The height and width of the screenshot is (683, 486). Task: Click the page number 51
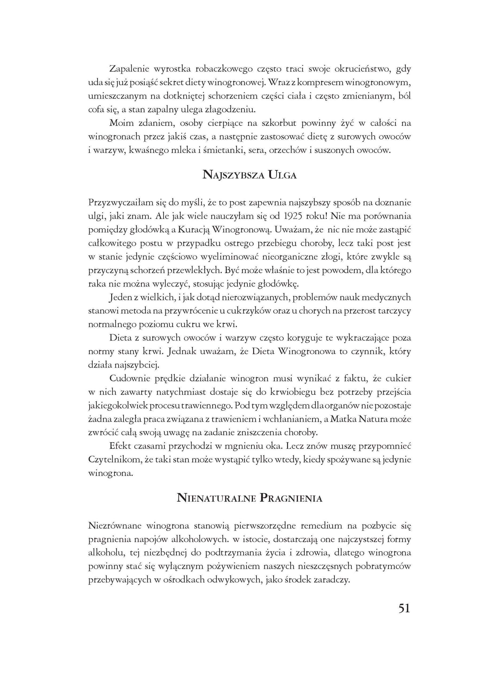(x=404, y=608)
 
